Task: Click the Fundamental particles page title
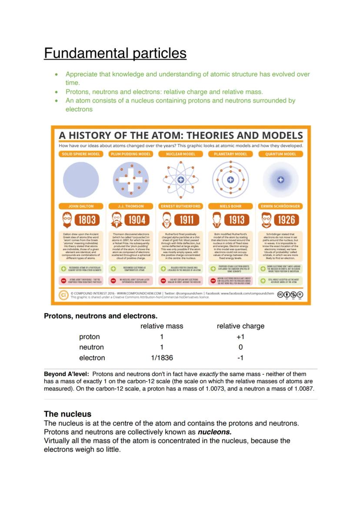click(x=115, y=53)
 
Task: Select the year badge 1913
click(x=237, y=220)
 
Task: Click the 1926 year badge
click(x=287, y=220)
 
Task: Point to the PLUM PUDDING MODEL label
click(x=131, y=154)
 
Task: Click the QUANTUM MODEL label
click(x=281, y=154)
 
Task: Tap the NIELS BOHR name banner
click(x=230, y=206)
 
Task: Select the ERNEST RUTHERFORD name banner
click(x=181, y=206)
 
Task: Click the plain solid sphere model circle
click(x=81, y=180)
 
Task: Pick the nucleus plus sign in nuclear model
click(x=181, y=180)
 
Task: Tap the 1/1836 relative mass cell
click(x=162, y=358)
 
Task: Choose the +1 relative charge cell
click(x=240, y=337)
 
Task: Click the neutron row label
click(x=91, y=347)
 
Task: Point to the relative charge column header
click(x=240, y=326)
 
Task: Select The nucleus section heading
click(x=67, y=414)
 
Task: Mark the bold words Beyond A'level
click(x=67, y=374)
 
